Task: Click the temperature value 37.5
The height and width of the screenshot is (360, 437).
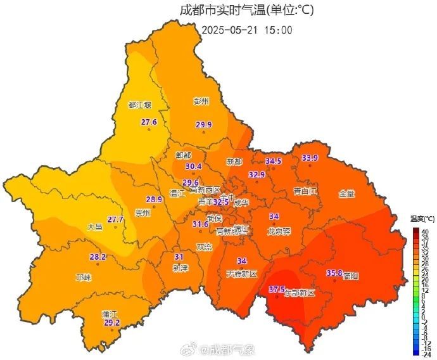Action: (277, 290)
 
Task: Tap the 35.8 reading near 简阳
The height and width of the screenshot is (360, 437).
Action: (334, 273)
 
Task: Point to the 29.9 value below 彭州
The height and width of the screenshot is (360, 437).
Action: (203, 125)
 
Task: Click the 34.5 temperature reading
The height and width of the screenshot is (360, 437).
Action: (273, 162)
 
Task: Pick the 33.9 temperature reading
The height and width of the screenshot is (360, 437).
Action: (310, 158)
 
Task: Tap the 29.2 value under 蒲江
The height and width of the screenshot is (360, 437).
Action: (111, 323)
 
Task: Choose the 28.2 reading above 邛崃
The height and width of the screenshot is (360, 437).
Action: (98, 257)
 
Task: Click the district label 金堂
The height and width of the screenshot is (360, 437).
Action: (347, 193)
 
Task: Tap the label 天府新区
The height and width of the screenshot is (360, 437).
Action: (241, 274)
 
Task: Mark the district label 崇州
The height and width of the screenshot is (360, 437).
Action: (143, 213)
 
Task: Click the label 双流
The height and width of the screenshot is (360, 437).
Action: (204, 247)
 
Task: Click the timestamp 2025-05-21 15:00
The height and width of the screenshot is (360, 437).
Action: (247, 30)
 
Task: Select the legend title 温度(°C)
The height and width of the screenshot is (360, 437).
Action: (421, 218)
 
